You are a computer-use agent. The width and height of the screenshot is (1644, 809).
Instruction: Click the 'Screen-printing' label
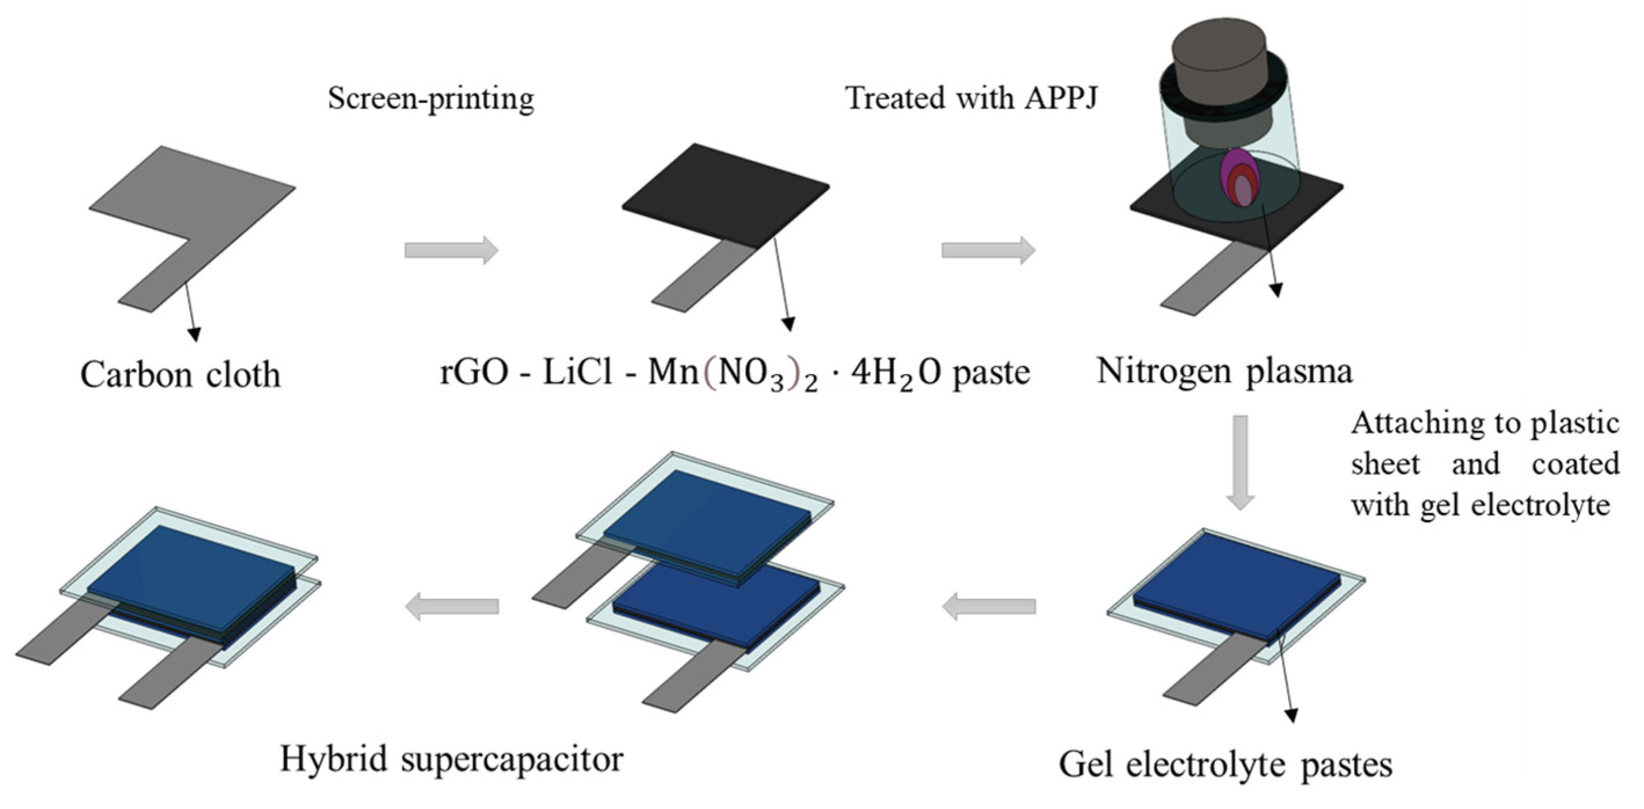pyautogui.click(x=431, y=100)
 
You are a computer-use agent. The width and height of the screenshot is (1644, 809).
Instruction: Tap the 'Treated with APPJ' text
pyautogui.click(x=971, y=99)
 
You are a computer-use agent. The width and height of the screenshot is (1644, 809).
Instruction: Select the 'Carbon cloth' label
pyautogui.click(x=180, y=375)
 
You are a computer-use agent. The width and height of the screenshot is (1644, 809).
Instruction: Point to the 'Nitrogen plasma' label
pyautogui.click(x=1224, y=371)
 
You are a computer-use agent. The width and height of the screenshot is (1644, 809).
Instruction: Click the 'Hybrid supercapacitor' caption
pyautogui.click(x=451, y=759)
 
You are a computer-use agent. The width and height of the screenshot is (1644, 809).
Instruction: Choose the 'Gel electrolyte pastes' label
pyautogui.click(x=1226, y=764)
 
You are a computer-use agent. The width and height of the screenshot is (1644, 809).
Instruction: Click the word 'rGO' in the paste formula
pyautogui.click(x=473, y=372)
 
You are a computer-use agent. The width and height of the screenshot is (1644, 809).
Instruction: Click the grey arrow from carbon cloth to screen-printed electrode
pyautogui.click(x=451, y=250)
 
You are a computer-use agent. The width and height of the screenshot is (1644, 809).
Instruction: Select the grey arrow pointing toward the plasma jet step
pyautogui.click(x=988, y=250)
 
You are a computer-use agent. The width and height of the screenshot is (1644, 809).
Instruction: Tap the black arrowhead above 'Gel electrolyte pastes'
pyautogui.click(x=1292, y=715)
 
